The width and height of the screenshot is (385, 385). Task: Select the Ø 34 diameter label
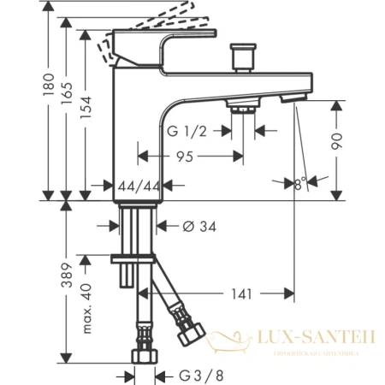pyautogui.click(x=197, y=226)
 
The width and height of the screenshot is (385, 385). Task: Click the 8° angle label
pyautogui.click(x=299, y=181)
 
